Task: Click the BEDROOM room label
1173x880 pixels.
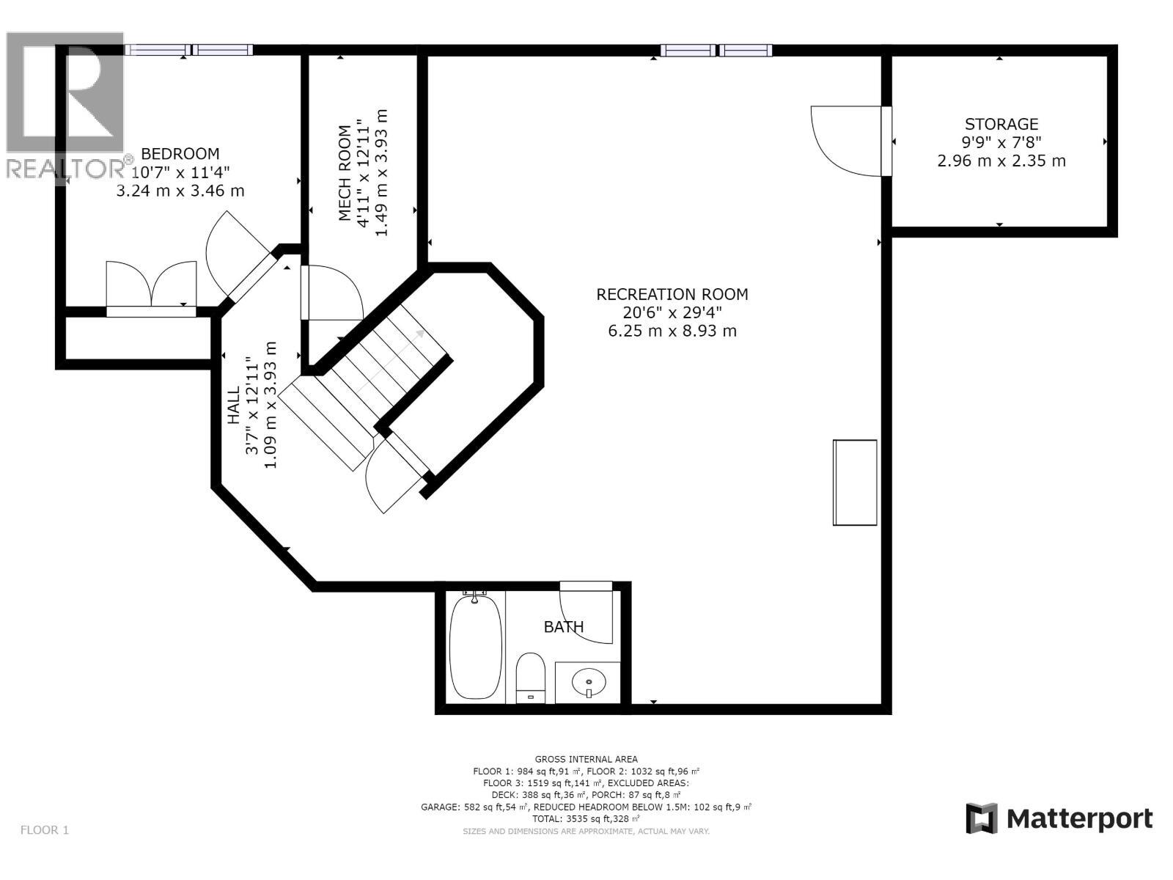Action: click(x=180, y=154)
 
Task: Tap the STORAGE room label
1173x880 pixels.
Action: click(x=1001, y=124)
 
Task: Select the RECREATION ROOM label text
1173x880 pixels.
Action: click(x=672, y=294)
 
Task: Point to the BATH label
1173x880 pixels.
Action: click(x=564, y=627)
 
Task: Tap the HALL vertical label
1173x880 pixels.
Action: click(x=234, y=405)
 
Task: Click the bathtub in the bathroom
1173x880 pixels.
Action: click(x=475, y=647)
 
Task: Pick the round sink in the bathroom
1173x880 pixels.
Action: click(x=588, y=682)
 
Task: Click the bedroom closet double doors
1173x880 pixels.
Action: click(x=152, y=285)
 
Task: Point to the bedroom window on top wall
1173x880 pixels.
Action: click(x=189, y=50)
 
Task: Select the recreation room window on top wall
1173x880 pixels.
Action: click(x=716, y=50)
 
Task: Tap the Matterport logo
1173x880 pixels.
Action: click(x=1059, y=818)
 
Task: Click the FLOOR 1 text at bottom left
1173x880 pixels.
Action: click(x=45, y=830)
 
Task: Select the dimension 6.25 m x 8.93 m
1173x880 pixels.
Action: click(x=672, y=331)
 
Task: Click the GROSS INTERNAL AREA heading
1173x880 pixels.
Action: click(x=586, y=759)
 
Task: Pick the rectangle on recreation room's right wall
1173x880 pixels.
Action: click(x=855, y=483)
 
